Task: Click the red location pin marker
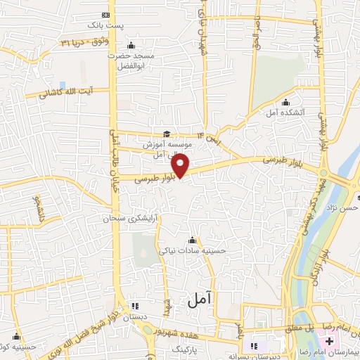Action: pyautogui.click(x=181, y=165)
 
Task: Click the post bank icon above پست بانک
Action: pyautogui.click(x=106, y=15)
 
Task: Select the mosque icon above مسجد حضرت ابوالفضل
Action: pyautogui.click(x=130, y=46)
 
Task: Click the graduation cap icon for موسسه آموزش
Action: pyautogui.click(x=167, y=134)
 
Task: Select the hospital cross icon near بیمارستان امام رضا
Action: pyautogui.click(x=330, y=340)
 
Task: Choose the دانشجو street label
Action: pyautogui.click(x=35, y=207)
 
